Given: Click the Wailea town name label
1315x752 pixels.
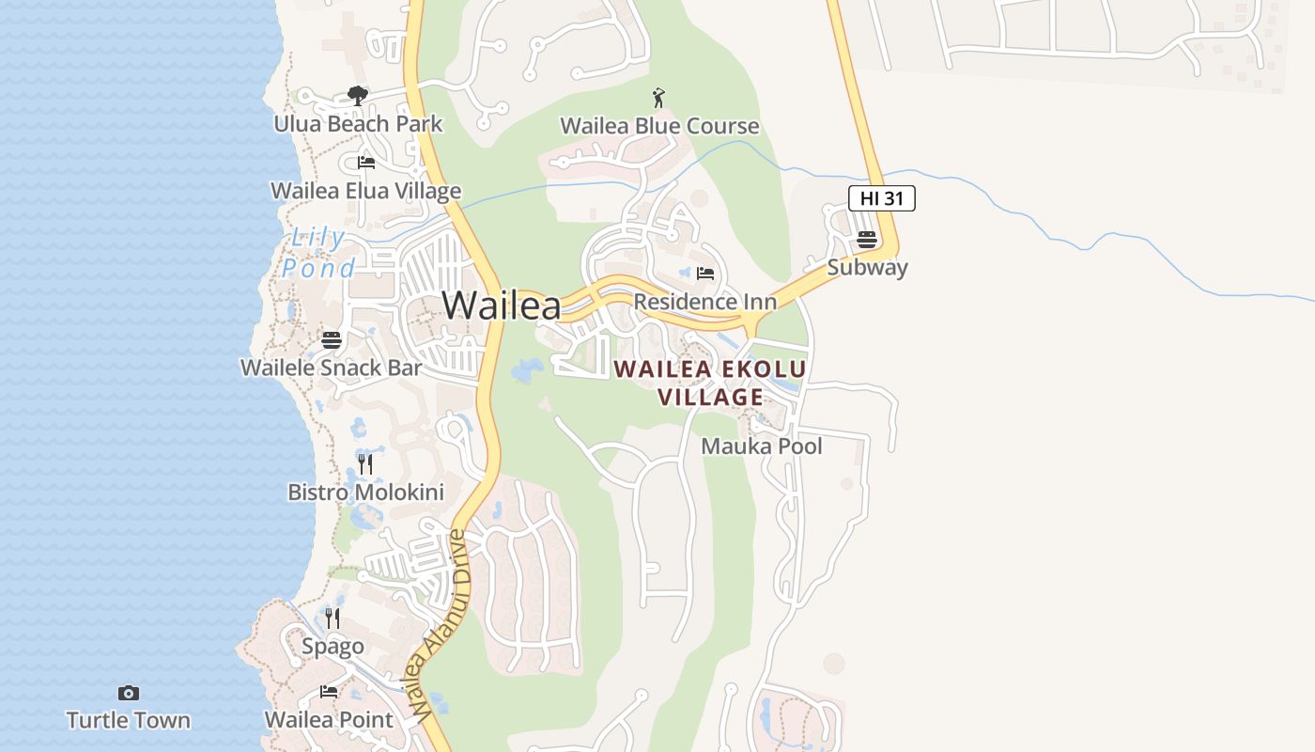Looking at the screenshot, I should (502, 305).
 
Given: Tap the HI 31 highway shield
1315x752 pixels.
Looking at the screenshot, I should (881, 198).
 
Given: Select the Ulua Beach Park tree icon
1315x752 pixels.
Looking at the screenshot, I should (357, 95).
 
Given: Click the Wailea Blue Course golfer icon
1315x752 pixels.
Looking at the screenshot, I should (659, 98).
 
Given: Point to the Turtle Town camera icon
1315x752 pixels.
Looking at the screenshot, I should (129, 694).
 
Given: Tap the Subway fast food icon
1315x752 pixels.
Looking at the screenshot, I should (867, 239).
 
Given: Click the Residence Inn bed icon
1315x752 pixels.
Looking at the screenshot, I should (705, 274).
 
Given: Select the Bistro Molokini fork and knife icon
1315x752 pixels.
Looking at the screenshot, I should (365, 463).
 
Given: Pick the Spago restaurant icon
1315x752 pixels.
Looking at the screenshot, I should (333, 618).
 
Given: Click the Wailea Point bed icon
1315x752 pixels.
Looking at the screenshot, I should (329, 692).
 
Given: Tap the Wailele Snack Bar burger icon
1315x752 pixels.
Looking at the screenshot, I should (332, 339).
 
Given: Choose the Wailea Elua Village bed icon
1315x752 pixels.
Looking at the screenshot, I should (366, 163).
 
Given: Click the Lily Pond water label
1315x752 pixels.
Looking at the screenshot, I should (319, 253).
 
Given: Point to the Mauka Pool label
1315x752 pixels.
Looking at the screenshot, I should (762, 446).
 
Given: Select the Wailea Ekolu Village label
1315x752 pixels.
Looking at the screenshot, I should (710, 383).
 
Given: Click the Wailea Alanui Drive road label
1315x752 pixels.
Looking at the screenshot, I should (438, 625).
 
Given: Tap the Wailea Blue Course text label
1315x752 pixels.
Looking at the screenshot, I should (659, 126).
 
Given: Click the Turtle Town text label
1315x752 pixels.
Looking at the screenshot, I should (129, 721).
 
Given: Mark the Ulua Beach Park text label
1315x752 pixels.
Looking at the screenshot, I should (358, 123).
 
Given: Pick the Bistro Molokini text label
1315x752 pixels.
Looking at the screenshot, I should (365, 492).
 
